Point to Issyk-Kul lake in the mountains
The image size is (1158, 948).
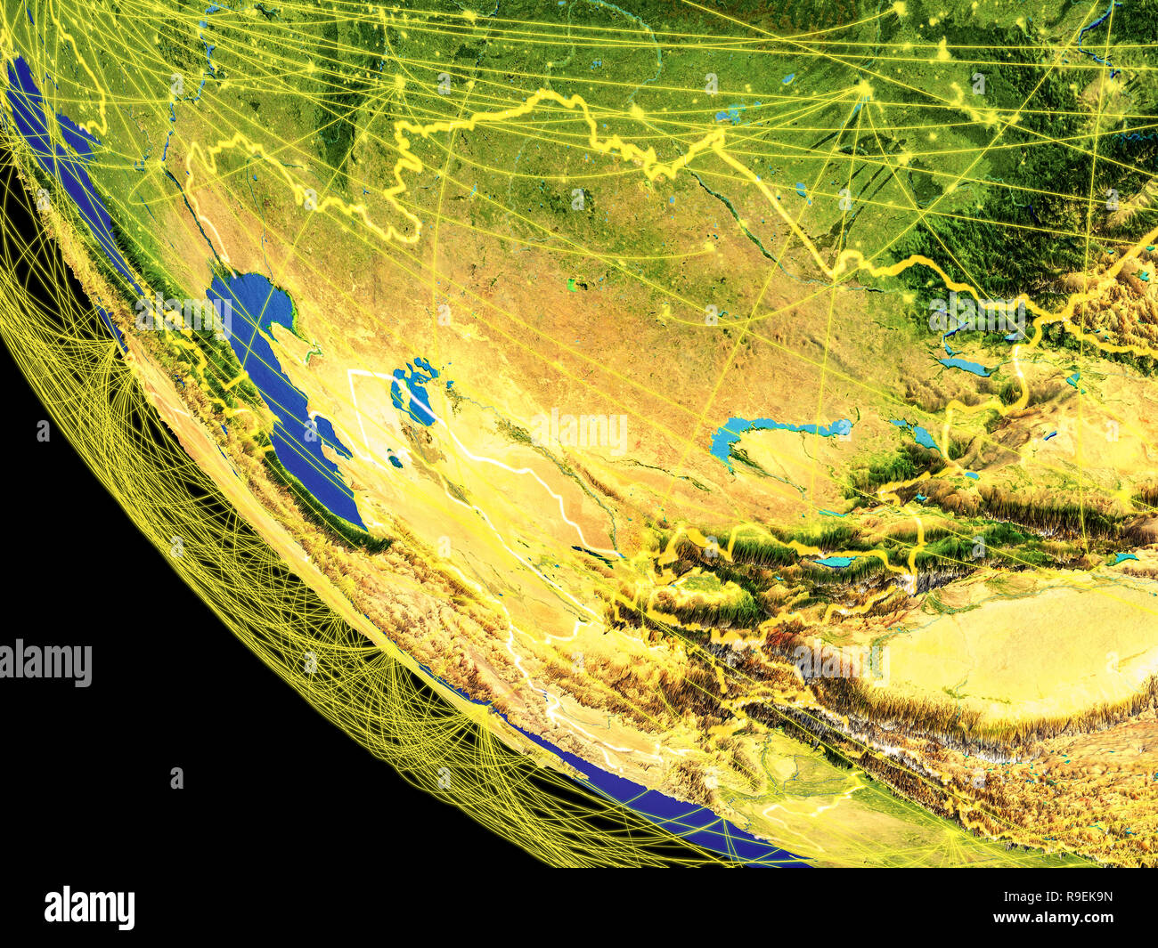tap(833, 562)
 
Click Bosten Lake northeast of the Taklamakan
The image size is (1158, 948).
tap(1122, 558)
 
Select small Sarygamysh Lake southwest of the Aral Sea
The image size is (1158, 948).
tap(393, 460)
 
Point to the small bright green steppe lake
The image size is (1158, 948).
tap(571, 285)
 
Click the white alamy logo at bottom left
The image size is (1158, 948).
tap(89, 908)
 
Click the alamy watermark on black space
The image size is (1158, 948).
tap(46, 663)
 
